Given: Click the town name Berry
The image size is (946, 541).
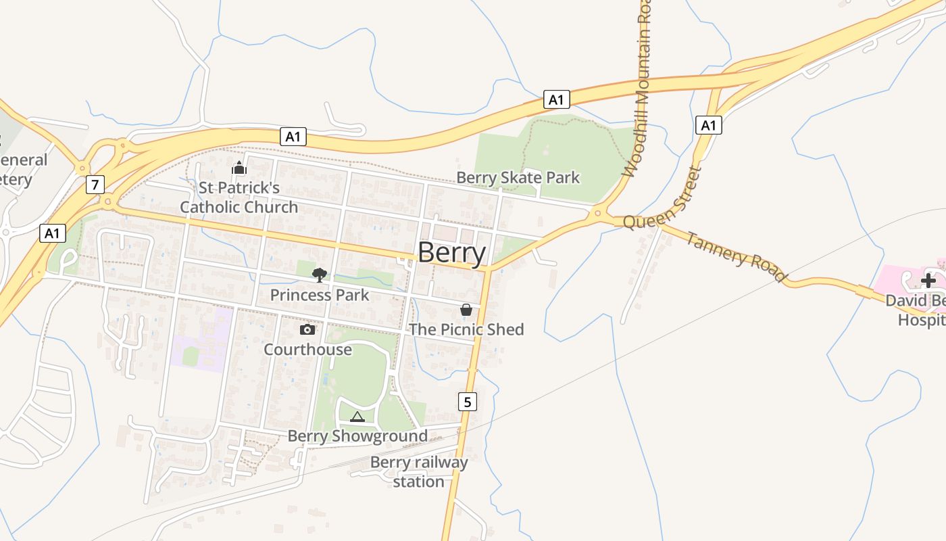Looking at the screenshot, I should point(451,254).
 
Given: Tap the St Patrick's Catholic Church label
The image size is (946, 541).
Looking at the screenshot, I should point(239,197).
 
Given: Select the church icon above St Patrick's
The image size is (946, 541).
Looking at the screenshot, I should point(239,168).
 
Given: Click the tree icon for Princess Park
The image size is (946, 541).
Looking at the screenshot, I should point(320,275).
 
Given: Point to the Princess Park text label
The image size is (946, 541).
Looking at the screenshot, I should point(320,296).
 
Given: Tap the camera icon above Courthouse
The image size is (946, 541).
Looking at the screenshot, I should point(307,329).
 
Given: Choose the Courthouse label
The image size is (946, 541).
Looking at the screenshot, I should point(307,350).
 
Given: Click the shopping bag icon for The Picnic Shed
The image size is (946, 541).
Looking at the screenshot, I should point(466,310).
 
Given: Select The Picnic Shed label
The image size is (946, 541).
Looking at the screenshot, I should point(466,330).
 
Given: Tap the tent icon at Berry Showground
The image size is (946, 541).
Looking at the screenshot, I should point(357,417).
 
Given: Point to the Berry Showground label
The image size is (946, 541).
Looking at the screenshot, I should point(357,436).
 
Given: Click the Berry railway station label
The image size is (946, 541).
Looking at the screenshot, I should point(419,472).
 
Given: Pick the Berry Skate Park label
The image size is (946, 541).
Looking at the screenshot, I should point(518,178).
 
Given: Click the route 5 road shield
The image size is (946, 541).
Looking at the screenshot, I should point(468,402).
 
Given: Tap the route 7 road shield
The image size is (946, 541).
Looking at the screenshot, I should point(95,184).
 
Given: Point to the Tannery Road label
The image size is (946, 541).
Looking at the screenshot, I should point(737,258).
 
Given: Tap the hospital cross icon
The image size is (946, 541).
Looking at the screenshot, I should point(928,280).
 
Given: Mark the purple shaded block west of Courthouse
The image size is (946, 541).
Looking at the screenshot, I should point(201,338).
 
